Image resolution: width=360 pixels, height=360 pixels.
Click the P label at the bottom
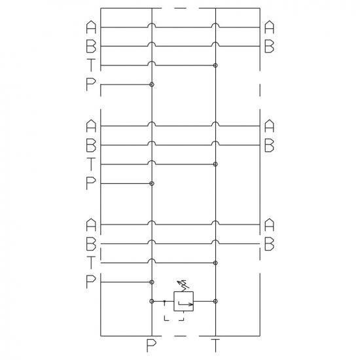pyautogui.click(x=151, y=346)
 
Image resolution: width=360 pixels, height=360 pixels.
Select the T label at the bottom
pyautogui.click(x=215, y=346)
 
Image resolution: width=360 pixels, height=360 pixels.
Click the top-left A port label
pyautogui.click(x=91, y=27)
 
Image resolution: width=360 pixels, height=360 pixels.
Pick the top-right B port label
pyautogui.click(x=269, y=46)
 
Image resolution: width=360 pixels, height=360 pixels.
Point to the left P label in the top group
pyautogui.click(x=91, y=84)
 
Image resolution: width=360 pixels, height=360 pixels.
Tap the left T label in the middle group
pyautogui.click(x=91, y=164)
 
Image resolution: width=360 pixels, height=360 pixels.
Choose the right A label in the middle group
pyautogui.click(x=269, y=126)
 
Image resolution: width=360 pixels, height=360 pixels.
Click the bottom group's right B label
pyautogui.click(x=269, y=244)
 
